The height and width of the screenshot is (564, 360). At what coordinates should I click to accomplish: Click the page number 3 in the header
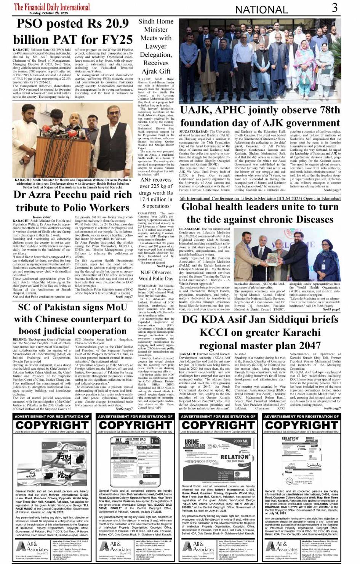coord(335,8)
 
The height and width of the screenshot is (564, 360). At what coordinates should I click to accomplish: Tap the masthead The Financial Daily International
coord(52,7)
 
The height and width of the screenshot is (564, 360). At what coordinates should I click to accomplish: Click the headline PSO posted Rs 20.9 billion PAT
coord(73,32)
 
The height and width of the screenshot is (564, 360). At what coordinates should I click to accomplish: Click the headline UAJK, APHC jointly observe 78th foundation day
coord(260,117)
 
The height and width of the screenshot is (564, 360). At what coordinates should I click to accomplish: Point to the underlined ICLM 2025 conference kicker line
coord(260,199)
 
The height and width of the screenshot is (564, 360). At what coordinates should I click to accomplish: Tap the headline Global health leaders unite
coord(260,213)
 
